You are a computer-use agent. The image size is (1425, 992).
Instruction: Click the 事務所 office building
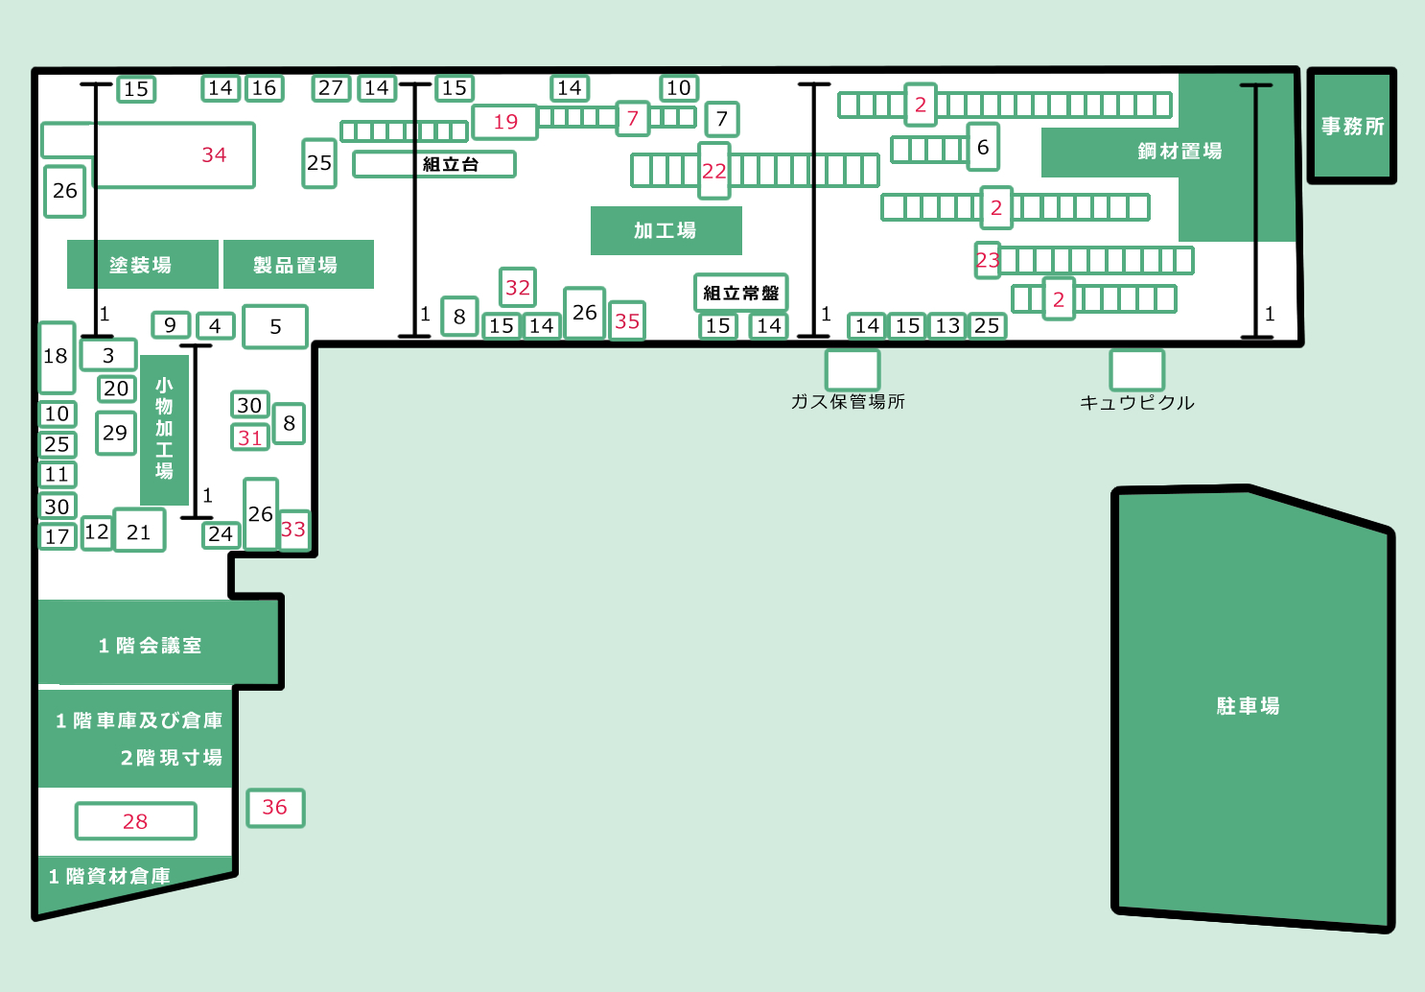[x=1352, y=126]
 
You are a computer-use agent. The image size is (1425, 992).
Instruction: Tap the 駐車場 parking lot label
[x=1248, y=706]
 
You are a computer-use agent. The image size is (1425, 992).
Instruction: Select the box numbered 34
[x=213, y=154]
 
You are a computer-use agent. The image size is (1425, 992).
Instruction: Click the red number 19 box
[x=505, y=122]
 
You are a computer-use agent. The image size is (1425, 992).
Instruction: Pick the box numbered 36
[x=275, y=807]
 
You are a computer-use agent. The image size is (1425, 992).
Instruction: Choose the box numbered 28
[x=135, y=821]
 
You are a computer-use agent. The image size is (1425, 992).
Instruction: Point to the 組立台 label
[x=450, y=164]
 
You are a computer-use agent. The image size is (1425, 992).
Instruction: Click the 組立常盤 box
[x=740, y=293]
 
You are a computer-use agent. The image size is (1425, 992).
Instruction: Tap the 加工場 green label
[x=666, y=230]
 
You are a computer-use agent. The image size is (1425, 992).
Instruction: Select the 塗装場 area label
[x=142, y=265]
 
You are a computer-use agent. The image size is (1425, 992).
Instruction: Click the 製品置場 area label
[x=297, y=265]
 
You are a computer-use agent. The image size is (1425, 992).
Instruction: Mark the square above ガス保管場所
[x=852, y=370]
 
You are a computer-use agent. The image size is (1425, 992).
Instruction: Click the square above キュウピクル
[x=1136, y=370]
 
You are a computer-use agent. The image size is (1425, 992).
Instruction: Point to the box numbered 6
[x=983, y=147]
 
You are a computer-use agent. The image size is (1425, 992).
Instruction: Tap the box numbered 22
[x=714, y=171]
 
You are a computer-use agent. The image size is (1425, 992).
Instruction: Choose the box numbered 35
[x=627, y=321]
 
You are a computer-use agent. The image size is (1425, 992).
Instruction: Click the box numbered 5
[x=275, y=326]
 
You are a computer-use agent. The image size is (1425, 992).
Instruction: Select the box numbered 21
[x=139, y=531]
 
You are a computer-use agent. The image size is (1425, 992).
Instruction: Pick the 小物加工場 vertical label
[x=165, y=429]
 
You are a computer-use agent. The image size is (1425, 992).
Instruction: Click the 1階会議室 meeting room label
[x=151, y=646]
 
